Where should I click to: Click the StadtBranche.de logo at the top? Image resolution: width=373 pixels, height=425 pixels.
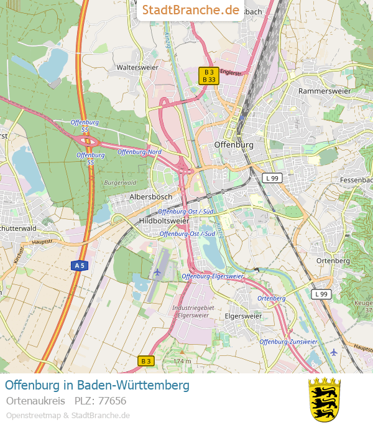[190, 10]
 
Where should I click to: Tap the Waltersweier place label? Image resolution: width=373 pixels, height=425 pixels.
[138, 67]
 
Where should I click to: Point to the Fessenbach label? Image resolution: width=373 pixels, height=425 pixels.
[356, 180]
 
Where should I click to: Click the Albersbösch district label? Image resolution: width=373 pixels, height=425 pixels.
[150, 197]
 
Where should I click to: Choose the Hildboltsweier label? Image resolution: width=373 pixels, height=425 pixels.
[164, 221]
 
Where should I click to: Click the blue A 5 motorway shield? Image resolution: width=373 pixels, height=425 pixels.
[79, 266]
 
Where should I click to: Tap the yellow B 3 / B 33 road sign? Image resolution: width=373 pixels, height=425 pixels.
[208, 75]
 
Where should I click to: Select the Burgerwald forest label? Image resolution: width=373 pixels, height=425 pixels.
[120, 183]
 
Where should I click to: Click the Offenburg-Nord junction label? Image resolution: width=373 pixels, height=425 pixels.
[139, 152]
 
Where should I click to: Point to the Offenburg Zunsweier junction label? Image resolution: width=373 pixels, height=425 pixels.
[288, 342]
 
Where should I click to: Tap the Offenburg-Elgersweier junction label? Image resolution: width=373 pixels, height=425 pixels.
[213, 276]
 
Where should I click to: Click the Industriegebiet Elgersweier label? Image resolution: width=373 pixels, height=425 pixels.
[193, 312]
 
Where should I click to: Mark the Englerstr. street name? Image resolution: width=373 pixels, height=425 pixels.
[231, 73]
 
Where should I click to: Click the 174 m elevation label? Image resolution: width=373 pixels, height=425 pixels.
[182, 361]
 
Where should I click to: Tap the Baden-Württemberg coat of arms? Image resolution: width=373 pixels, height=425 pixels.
[325, 399]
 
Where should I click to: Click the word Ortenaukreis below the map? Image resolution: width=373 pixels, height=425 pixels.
[35, 401]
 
